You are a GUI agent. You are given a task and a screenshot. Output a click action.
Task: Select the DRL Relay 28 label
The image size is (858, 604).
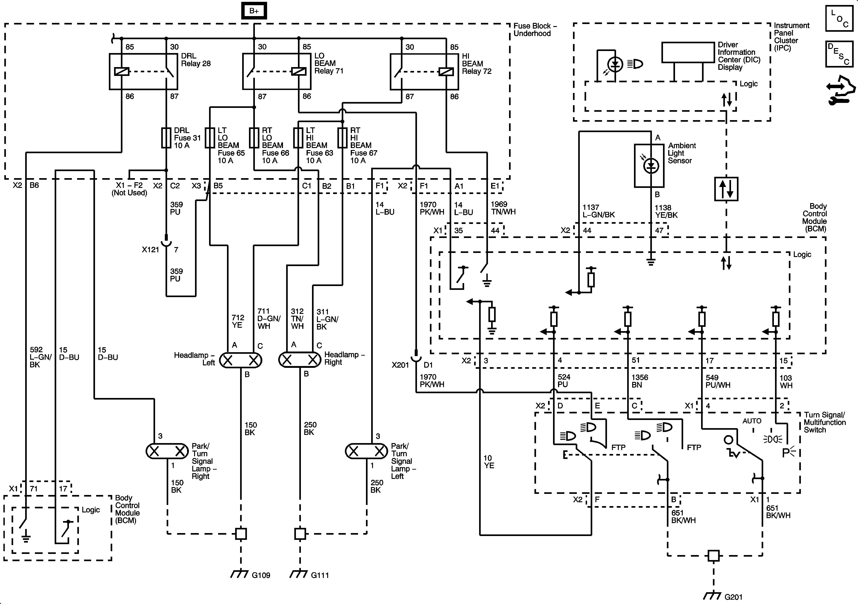(x=196, y=60)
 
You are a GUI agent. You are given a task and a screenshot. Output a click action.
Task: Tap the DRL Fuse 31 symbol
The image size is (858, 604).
(x=166, y=138)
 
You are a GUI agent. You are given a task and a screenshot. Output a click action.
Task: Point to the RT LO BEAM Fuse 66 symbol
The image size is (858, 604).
(x=254, y=138)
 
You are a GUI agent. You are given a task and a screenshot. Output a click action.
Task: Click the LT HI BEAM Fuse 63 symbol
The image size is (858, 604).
(x=298, y=138)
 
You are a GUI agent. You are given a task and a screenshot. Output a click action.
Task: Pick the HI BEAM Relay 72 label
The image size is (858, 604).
(x=476, y=63)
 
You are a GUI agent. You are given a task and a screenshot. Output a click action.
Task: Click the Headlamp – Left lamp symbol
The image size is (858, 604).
(x=241, y=360)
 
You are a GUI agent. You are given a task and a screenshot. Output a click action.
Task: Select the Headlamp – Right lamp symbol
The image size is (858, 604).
(x=300, y=360)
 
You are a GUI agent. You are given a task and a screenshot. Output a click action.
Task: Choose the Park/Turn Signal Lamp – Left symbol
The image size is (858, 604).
(x=366, y=451)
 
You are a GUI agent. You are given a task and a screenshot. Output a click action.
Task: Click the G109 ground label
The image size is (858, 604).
(x=261, y=575)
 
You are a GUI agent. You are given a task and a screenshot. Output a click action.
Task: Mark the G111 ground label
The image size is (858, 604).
(x=320, y=575)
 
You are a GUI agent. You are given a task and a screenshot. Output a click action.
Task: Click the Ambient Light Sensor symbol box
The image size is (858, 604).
(x=649, y=166)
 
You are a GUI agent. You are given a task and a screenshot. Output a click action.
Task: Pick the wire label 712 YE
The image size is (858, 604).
(x=238, y=321)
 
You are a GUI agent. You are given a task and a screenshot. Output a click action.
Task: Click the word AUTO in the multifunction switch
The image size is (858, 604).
(x=752, y=421)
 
